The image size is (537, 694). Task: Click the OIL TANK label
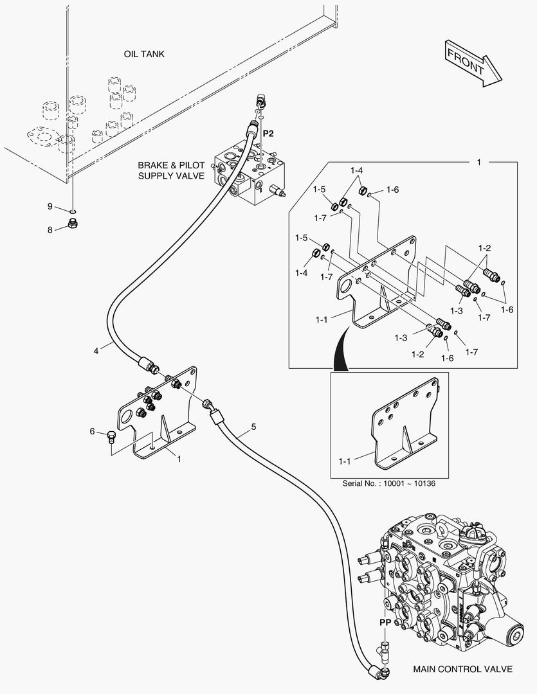[144, 54]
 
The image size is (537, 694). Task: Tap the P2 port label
[268, 133]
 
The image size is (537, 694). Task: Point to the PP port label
[385, 622]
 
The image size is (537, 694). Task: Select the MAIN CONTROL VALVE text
[462, 669]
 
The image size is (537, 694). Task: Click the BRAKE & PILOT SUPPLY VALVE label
[171, 170]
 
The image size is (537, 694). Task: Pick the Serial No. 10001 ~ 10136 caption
[388, 483]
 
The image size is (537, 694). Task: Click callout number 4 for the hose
[96, 351]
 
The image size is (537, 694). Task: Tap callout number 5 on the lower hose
[253, 427]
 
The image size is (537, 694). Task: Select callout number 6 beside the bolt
[92, 431]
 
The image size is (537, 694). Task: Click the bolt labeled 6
[111, 438]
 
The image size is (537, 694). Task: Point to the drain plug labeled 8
[72, 224]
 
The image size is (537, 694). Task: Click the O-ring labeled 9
[73, 210]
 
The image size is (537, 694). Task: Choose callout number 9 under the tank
[50, 206]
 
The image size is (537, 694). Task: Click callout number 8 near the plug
[50, 229]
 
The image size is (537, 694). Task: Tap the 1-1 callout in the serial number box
[345, 461]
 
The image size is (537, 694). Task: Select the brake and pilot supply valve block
[249, 173]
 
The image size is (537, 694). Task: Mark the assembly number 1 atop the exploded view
[478, 163]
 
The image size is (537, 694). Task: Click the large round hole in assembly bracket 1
[125, 417]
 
